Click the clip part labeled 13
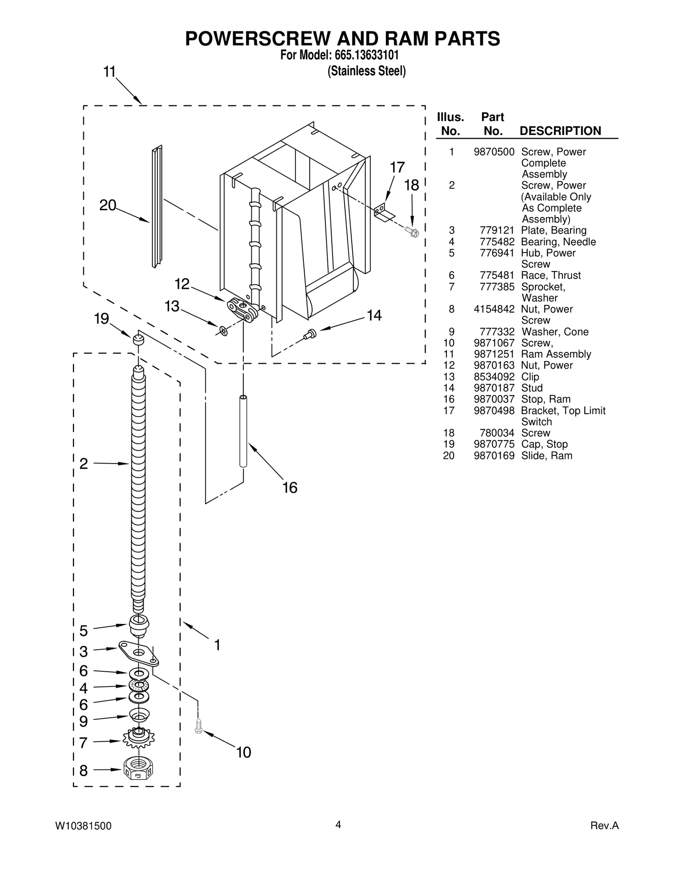[223, 330]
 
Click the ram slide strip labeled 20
[157, 207]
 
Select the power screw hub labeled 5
[138, 625]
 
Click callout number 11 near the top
[110, 72]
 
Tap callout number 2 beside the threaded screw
[84, 464]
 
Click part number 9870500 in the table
[494, 152]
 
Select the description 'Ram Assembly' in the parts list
[556, 354]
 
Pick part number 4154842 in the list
[494, 309]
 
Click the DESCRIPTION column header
[560, 131]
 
